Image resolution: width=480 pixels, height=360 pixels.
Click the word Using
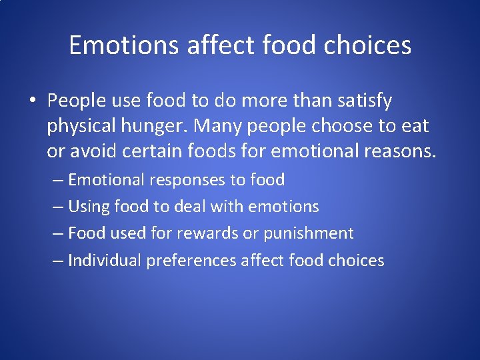pyautogui.click(x=89, y=207)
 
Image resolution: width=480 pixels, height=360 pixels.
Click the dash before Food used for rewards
pyautogui.click(x=58, y=233)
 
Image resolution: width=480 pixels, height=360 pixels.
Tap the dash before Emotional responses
pyautogui.click(x=58, y=180)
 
